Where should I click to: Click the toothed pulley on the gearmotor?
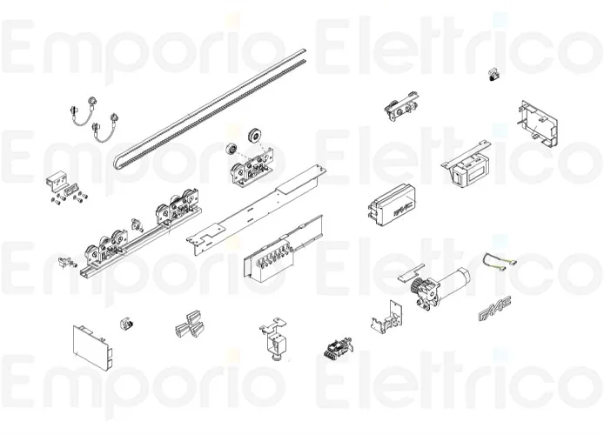click(416, 286)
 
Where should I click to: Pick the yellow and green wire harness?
click(500, 261)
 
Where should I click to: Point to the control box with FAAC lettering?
click(392, 204)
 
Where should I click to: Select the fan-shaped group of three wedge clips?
click(190, 325)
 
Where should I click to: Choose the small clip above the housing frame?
click(493, 74)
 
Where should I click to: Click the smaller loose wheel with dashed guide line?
click(232, 149)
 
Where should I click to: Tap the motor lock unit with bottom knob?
click(275, 339)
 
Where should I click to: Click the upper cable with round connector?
click(83, 110)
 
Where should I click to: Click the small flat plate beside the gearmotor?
click(412, 272)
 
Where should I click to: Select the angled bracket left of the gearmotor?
click(386, 318)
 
